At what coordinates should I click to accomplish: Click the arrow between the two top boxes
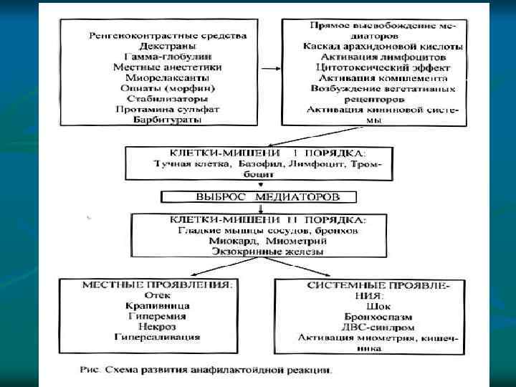click(270, 71)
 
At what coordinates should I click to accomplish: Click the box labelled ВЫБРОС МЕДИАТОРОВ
click(258, 196)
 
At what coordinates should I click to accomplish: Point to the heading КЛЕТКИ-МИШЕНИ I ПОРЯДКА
click(258, 153)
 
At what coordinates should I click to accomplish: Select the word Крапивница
click(158, 305)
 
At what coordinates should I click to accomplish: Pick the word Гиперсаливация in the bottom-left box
click(158, 336)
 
